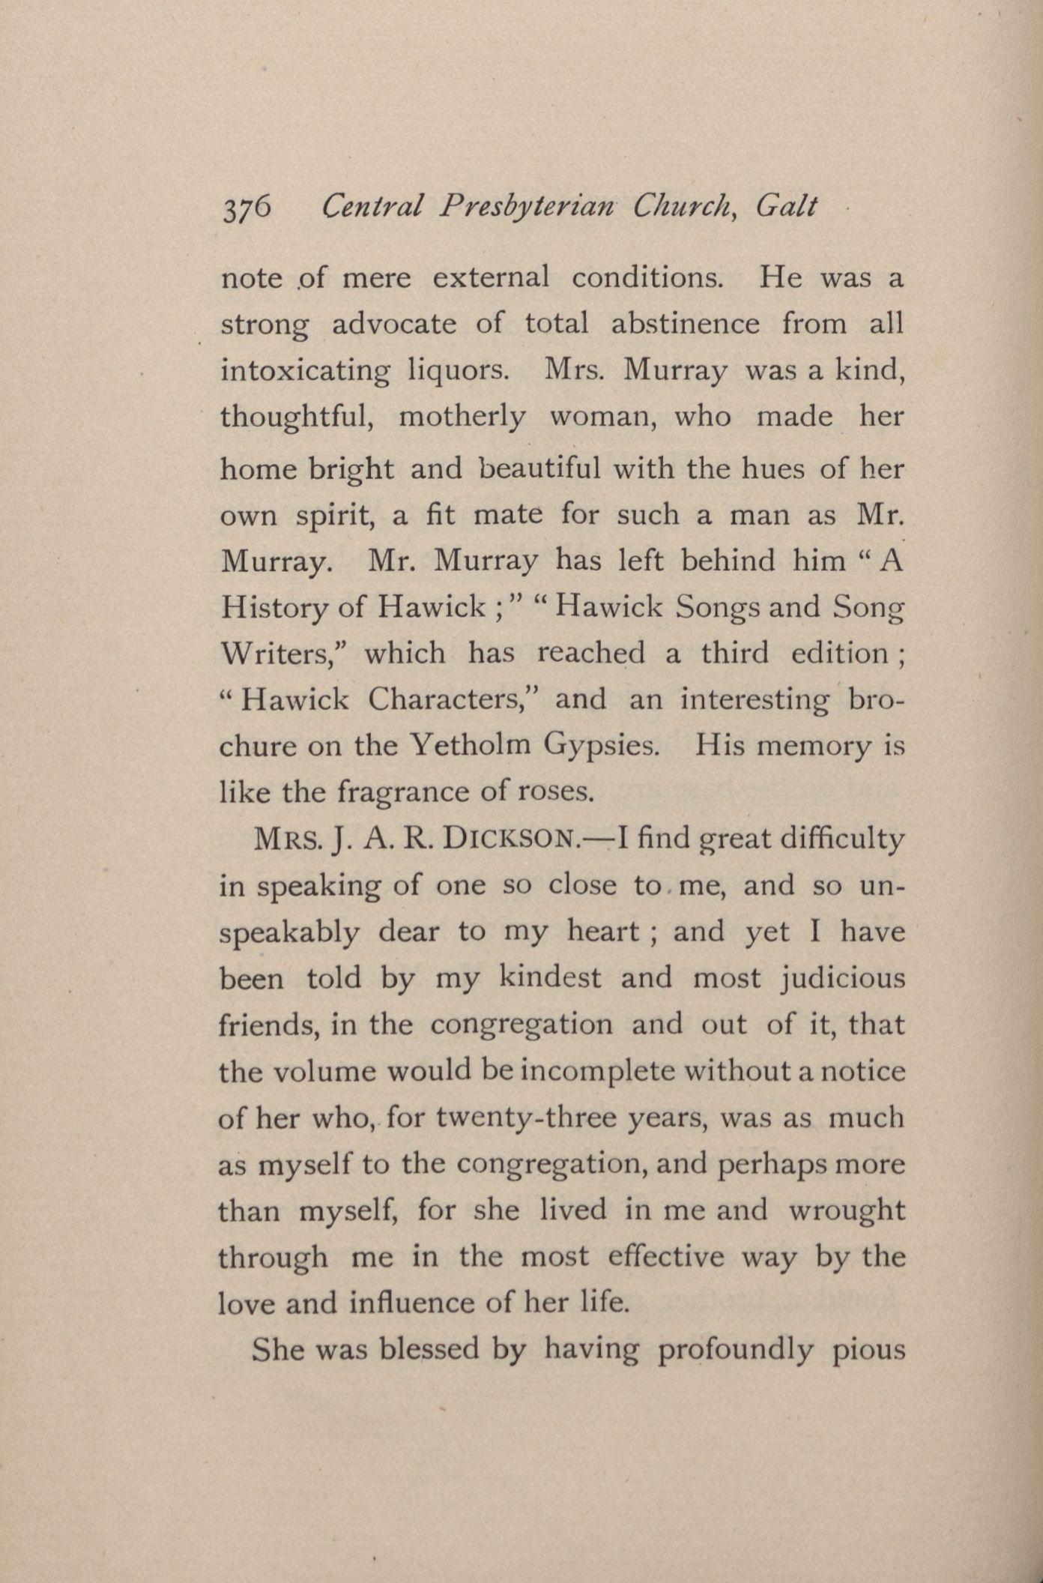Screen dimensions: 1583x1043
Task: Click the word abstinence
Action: (x=685, y=324)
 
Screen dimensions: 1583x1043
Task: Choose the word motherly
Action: (x=462, y=417)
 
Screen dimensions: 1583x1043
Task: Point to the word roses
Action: (x=556, y=792)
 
